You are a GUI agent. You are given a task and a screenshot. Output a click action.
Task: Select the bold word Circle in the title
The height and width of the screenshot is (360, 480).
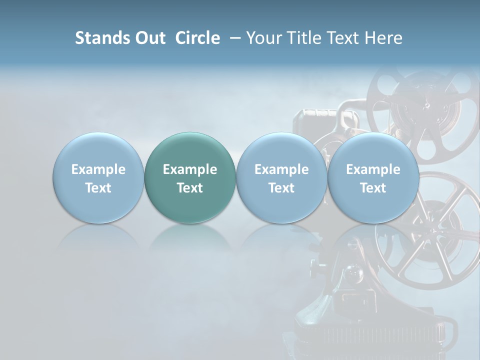[x=197, y=38]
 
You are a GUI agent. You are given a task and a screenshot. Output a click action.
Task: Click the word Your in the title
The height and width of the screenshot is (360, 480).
[x=263, y=38]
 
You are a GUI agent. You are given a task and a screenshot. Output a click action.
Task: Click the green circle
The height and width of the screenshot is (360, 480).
[x=190, y=177]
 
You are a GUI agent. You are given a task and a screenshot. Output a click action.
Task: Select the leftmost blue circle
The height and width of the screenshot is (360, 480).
[x=98, y=177]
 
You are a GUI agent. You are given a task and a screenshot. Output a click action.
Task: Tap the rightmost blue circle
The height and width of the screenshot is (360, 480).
[x=373, y=177]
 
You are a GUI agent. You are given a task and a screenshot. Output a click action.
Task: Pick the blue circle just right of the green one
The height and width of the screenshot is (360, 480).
[x=281, y=177]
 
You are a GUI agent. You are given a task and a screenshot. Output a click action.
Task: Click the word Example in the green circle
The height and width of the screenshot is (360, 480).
[x=190, y=169]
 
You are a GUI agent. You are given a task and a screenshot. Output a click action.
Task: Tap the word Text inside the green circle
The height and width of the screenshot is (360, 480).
[x=190, y=188]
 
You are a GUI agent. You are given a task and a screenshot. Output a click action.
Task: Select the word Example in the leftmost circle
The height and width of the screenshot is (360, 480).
[x=98, y=169]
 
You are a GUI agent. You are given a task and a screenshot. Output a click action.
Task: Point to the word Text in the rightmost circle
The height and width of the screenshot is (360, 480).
[x=373, y=188]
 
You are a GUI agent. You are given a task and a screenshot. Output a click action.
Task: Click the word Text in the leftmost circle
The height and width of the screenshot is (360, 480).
[x=98, y=188]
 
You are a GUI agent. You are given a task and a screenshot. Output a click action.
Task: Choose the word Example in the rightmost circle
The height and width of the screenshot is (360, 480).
[x=373, y=169]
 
